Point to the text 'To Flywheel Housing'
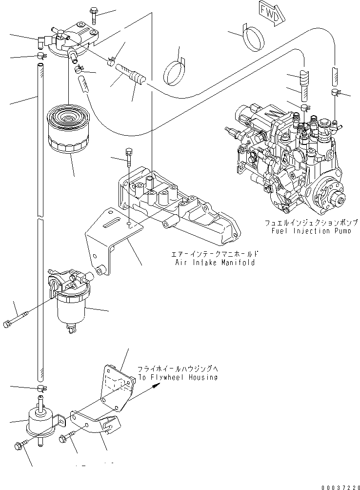178,377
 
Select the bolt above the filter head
94,16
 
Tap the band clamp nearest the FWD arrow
254,38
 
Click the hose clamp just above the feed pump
42,388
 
